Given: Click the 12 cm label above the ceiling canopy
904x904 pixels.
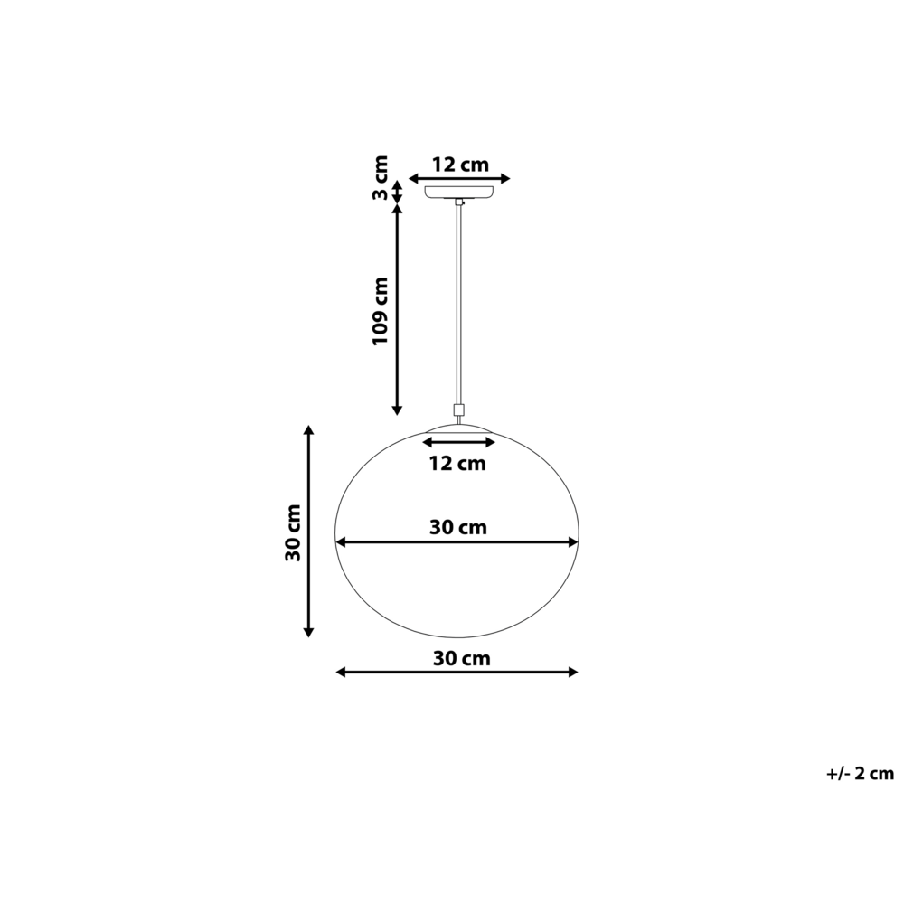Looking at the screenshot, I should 460,165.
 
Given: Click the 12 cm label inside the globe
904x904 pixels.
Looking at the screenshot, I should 457,465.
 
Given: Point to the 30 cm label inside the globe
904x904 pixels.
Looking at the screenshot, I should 457,527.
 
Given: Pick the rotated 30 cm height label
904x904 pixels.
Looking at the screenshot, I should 293,532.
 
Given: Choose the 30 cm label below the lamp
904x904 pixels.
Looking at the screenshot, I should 461,659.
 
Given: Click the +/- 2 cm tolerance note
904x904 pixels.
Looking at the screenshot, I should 859,773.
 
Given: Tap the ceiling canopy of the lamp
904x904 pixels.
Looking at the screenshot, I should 460,191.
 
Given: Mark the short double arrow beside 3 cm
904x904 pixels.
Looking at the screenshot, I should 396,192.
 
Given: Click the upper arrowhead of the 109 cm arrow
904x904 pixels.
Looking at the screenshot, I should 396,210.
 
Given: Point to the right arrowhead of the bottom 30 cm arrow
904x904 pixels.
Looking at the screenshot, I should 571,672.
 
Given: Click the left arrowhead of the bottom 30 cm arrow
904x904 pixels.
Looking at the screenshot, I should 342,672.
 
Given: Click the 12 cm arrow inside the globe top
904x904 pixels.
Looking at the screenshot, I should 460,442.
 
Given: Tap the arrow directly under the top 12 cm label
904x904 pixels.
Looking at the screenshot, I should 460,179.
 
